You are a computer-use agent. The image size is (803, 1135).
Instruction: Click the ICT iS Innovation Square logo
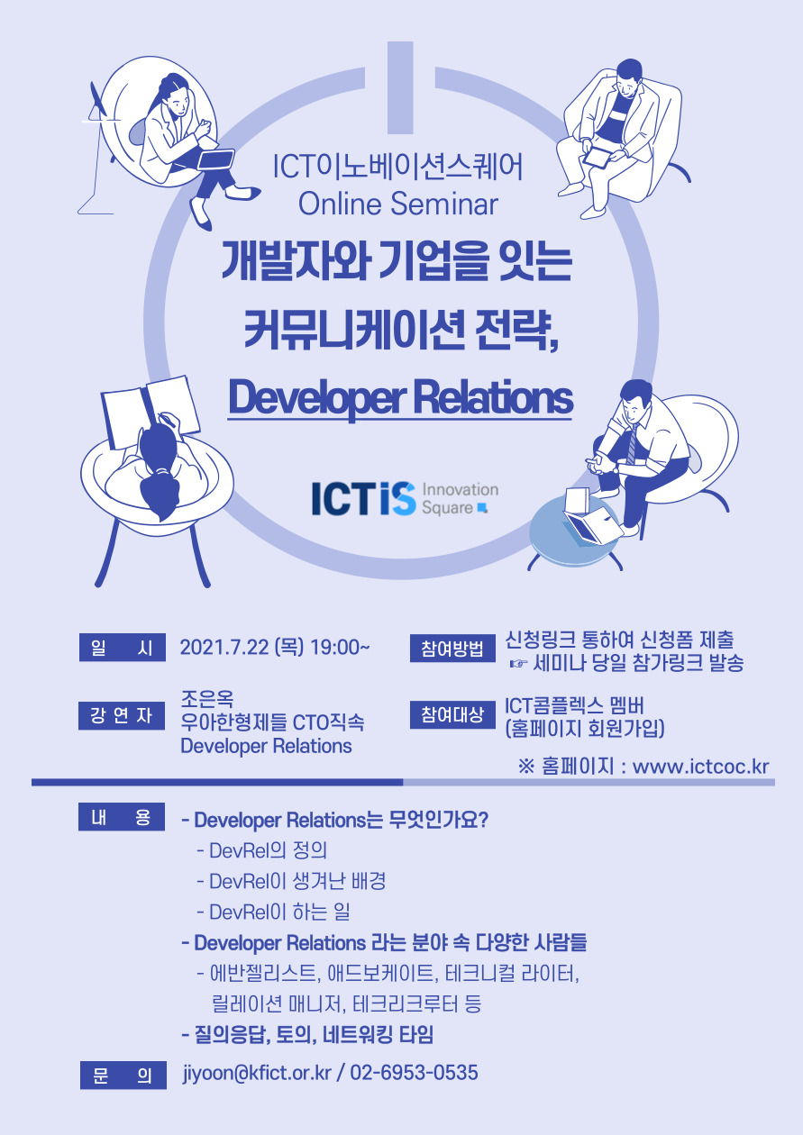click(405, 498)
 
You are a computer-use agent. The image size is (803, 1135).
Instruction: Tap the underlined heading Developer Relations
click(400, 399)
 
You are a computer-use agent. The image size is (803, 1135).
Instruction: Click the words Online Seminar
click(398, 204)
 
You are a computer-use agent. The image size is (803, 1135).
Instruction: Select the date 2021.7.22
click(224, 647)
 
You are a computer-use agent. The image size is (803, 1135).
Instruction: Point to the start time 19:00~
click(340, 647)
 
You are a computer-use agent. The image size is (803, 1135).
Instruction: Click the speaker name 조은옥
click(207, 699)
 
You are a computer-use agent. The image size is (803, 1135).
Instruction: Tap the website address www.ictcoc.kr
click(700, 767)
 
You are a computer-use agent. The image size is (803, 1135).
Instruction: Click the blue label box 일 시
click(123, 647)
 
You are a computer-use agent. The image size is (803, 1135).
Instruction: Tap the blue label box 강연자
click(122, 715)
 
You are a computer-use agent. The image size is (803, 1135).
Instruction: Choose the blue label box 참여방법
click(452, 648)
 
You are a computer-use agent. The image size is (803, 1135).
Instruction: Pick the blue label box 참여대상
click(452, 714)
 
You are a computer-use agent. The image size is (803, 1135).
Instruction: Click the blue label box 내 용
click(122, 816)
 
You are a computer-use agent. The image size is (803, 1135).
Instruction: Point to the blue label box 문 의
click(123, 1075)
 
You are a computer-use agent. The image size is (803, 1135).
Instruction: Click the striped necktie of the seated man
click(632, 445)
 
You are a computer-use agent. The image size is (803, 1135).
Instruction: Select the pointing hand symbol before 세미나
click(518, 663)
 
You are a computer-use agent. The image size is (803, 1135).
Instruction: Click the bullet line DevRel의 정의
click(261, 850)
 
